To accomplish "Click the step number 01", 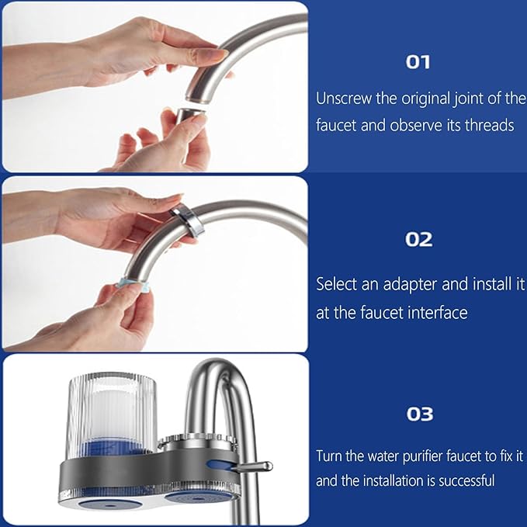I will click(418, 62).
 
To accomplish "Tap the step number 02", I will click(418, 239).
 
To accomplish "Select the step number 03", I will click(419, 414).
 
